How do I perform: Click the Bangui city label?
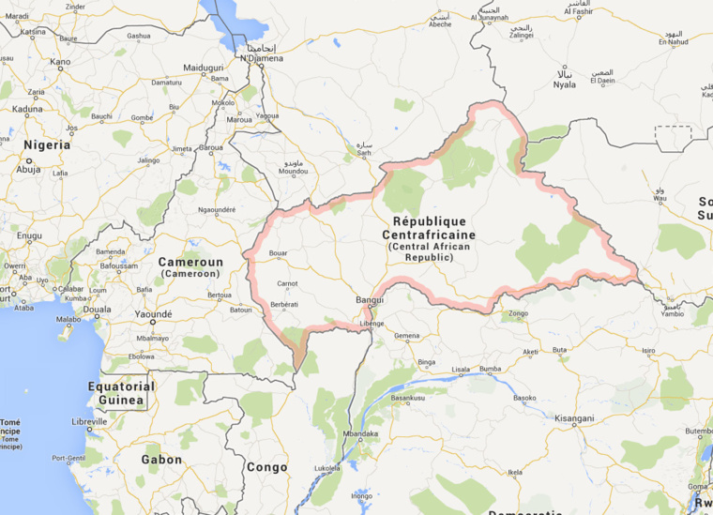tap(370, 300)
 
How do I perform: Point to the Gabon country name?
tap(161, 460)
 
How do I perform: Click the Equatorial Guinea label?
tap(121, 393)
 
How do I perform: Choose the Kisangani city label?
tap(575, 418)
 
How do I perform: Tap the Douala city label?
tap(97, 309)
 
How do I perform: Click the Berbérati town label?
tap(284, 305)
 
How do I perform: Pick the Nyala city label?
tap(564, 84)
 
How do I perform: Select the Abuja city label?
tap(29, 170)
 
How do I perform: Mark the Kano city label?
tap(60, 62)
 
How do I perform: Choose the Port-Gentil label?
tap(69, 458)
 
